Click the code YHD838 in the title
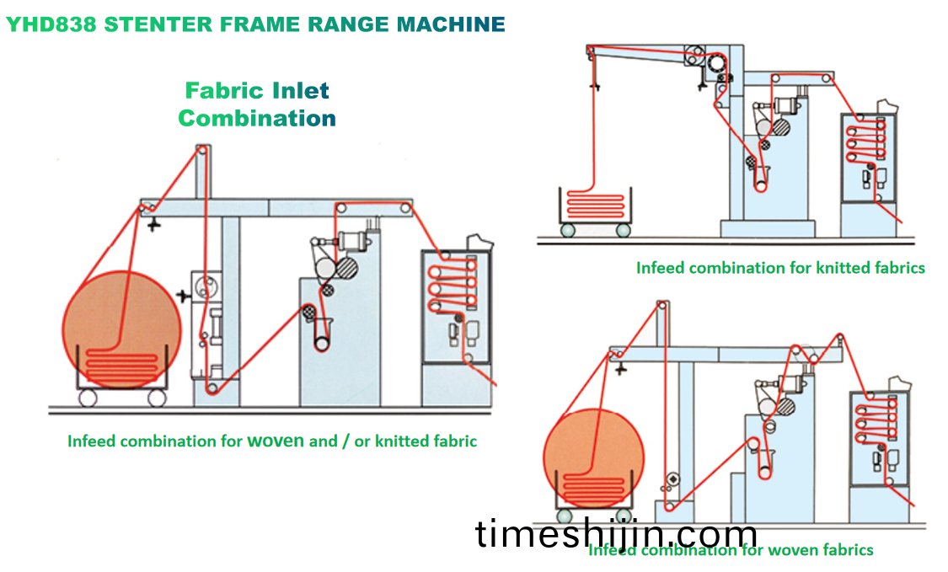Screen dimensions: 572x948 pyautogui.click(x=51, y=24)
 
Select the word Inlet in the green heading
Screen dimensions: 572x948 pyautogui.click(x=301, y=90)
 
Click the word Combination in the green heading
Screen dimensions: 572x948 pyautogui.click(x=257, y=118)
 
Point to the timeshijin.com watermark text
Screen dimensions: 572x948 pyautogui.click(x=616, y=534)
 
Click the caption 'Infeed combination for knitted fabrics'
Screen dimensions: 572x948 pyautogui.click(x=780, y=268)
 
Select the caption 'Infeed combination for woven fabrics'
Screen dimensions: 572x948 pyautogui.click(x=730, y=550)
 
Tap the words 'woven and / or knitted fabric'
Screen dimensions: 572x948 pyautogui.click(x=362, y=441)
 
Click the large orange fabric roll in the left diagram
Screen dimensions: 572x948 pyautogui.click(x=122, y=324)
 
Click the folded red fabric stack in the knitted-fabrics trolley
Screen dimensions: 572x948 pyautogui.click(x=597, y=202)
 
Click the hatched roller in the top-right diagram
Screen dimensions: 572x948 pyautogui.click(x=778, y=128)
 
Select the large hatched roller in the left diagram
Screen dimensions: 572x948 pyautogui.click(x=343, y=270)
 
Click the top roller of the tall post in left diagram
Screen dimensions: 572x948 pyautogui.click(x=201, y=150)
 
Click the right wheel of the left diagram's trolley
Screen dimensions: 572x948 pyautogui.click(x=157, y=398)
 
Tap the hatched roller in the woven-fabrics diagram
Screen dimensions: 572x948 pyautogui.click(x=789, y=406)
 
